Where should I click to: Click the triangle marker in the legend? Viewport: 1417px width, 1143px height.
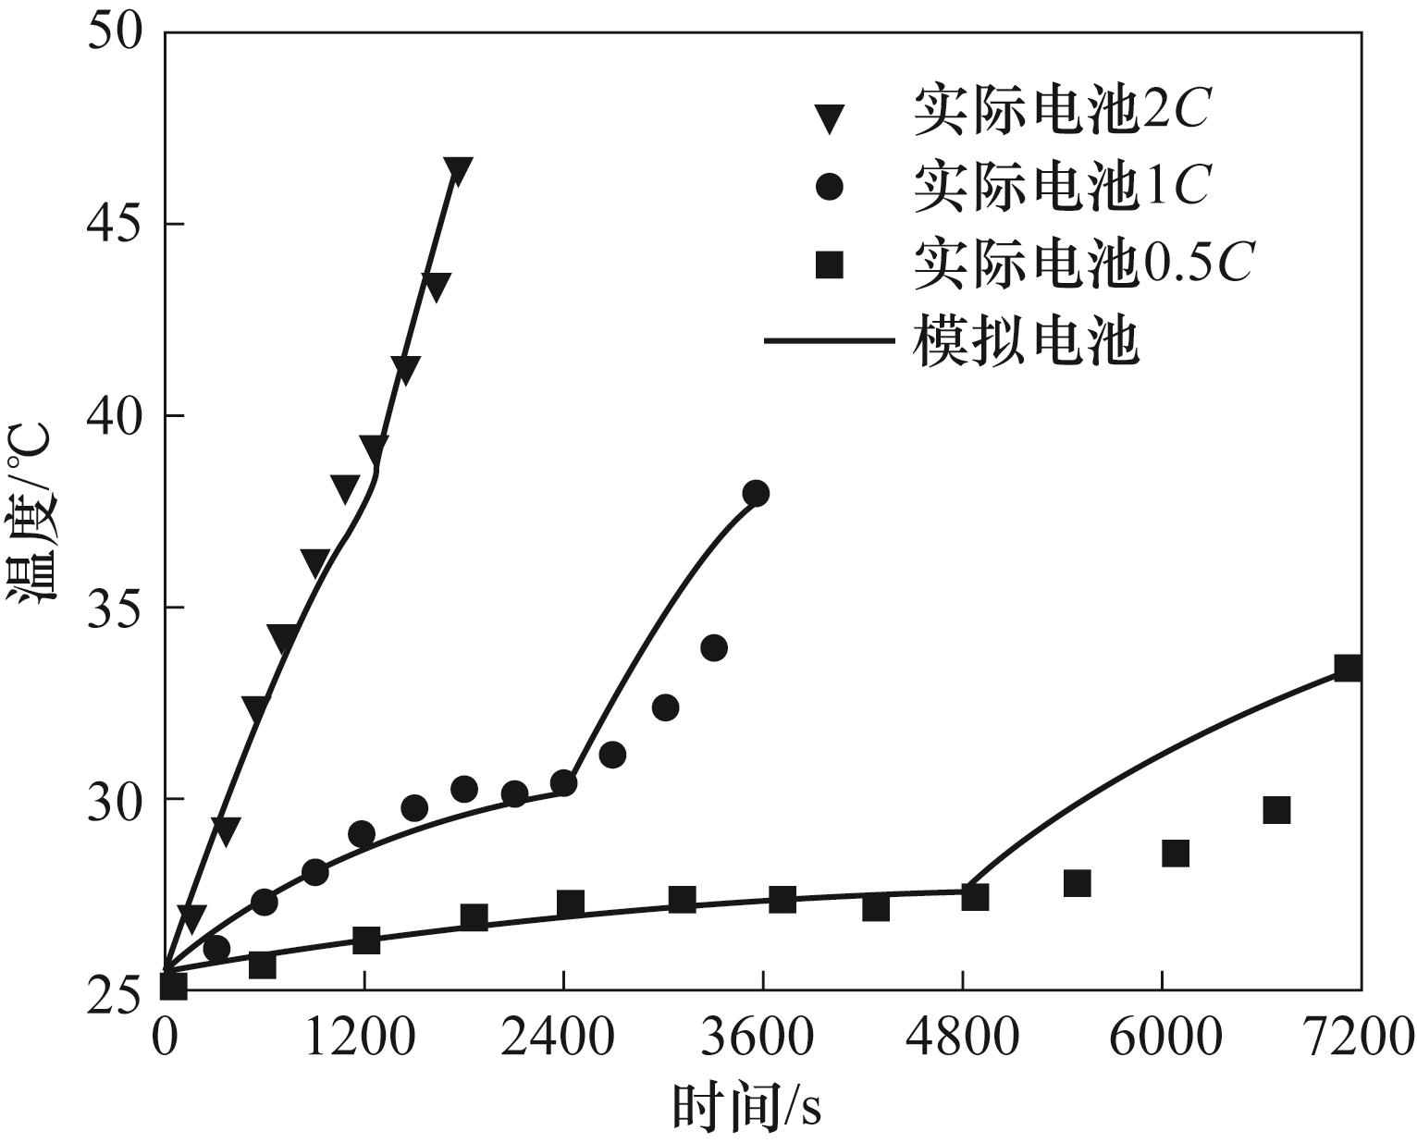pyautogui.click(x=830, y=117)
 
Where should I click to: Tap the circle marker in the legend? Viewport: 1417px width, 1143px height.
pyautogui.click(x=830, y=188)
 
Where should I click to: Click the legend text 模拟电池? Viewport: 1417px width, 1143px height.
pyautogui.click(x=1025, y=342)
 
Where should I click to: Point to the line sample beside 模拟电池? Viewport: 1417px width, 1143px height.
pyautogui.click(x=829, y=342)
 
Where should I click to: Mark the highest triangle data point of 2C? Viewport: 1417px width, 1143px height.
pyautogui.click(x=458, y=170)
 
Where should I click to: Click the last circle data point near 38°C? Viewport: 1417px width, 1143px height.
pyautogui.click(x=756, y=493)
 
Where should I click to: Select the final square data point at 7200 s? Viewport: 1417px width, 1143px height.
pyautogui.click(x=1348, y=668)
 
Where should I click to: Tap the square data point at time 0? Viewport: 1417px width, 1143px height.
pyautogui.click(x=173, y=986)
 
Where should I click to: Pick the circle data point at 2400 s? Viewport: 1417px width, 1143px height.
pyautogui.click(x=563, y=783)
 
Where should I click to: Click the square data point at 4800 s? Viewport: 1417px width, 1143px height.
pyautogui.click(x=975, y=897)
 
